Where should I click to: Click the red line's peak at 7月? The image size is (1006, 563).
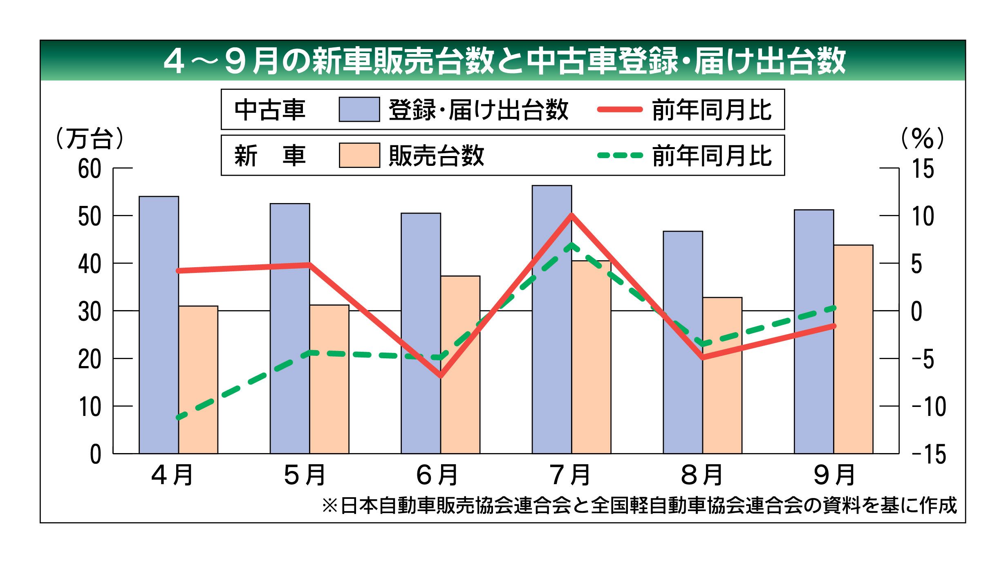point(571,215)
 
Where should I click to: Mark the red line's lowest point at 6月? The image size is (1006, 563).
point(441,375)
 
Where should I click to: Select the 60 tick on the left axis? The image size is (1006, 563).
point(90,169)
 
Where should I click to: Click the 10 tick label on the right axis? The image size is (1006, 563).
point(923,216)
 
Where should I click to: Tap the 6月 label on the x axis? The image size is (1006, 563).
point(437,475)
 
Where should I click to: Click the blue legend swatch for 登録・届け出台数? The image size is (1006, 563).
point(359,109)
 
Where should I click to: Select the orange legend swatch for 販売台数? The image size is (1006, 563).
point(359,155)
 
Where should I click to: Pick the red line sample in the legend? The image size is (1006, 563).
point(620,109)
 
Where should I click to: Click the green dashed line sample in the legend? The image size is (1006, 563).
point(620,155)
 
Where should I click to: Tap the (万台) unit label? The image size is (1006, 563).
point(89,139)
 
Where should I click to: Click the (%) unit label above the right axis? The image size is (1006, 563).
point(923,139)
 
